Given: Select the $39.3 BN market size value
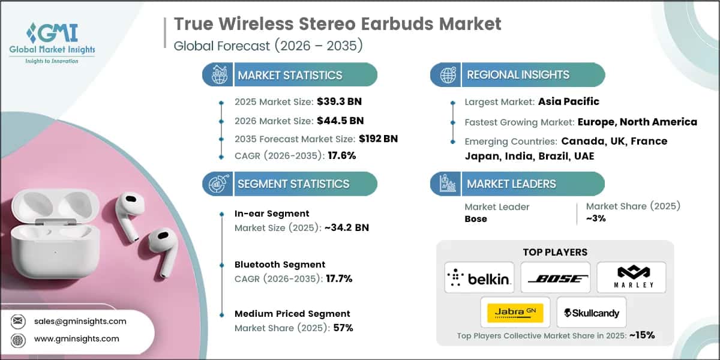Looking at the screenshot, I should point(342,101).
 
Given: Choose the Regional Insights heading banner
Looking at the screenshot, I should point(518,75).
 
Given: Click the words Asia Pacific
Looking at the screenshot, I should point(568,101).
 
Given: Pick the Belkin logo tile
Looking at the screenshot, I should point(479,278).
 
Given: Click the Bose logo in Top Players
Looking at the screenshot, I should point(555,278).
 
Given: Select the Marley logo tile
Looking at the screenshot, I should point(631,278).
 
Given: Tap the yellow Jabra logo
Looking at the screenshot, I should point(515,313).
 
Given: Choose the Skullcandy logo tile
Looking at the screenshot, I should point(592,313).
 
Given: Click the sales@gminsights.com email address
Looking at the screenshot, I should point(80,321).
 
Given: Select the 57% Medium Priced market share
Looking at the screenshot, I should point(343,328).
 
